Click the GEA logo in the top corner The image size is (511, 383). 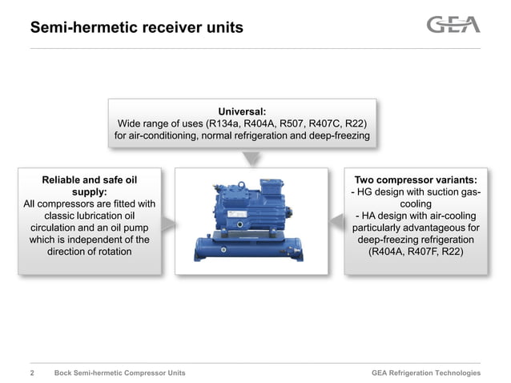[x=453, y=25]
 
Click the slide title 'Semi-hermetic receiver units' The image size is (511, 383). [x=136, y=28]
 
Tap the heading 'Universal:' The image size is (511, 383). [x=242, y=111]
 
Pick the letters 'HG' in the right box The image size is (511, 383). [x=367, y=192]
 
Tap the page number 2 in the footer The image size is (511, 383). [x=32, y=373]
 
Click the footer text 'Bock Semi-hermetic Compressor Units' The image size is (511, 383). [x=119, y=373]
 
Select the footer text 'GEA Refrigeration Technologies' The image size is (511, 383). [x=426, y=373]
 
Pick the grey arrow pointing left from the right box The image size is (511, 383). [x=336, y=221]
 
